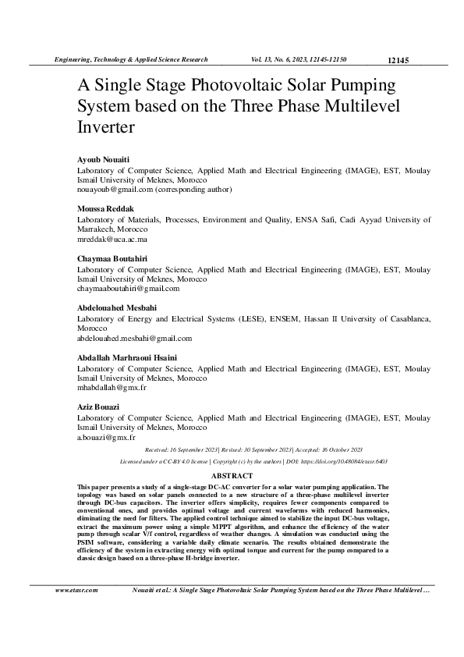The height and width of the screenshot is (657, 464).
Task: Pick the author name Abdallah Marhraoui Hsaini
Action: [x=127, y=357]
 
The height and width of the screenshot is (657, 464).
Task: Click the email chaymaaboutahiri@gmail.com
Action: [x=127, y=288]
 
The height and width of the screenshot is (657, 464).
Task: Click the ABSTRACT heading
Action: [x=232, y=475]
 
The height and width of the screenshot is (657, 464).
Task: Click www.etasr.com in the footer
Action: [x=76, y=590]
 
